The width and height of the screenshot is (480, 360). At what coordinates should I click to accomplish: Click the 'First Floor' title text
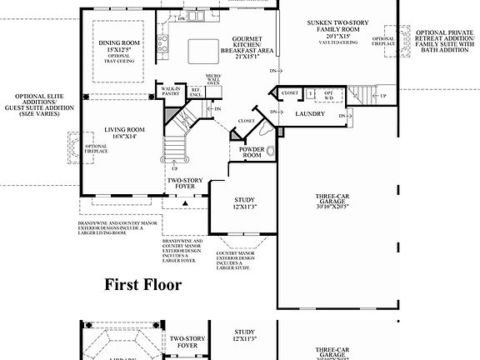pos(142,284)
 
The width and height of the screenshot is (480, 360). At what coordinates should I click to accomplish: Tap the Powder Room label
pos(252,152)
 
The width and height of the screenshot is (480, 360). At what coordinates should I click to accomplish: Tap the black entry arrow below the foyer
pos(182,202)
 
